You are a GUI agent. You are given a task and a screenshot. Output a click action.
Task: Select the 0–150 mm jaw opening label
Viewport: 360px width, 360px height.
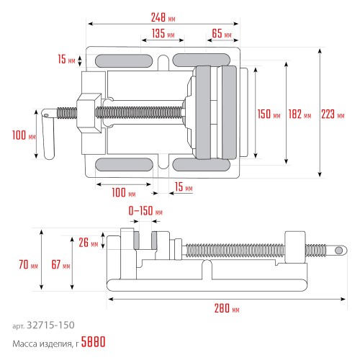pyautogui.click(x=145, y=212)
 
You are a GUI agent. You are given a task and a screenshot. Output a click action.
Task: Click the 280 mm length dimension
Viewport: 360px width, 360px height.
pyautogui.click(x=225, y=310)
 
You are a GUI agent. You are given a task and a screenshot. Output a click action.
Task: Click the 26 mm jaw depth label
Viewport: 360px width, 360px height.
pyautogui.click(x=89, y=243)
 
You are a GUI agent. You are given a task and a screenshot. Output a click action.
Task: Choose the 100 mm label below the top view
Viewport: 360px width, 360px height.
pyautogui.click(x=122, y=193)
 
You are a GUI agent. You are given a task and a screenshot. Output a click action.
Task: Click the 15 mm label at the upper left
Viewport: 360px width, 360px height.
pyautogui.click(x=66, y=60)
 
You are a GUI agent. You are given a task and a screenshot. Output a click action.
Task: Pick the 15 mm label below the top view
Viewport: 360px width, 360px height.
pyautogui.click(x=182, y=188)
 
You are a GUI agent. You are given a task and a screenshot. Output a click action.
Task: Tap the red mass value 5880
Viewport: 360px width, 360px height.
pyautogui.click(x=94, y=342)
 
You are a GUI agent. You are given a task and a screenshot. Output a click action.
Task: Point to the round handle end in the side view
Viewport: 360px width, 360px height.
pyautogui.click(x=339, y=250)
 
